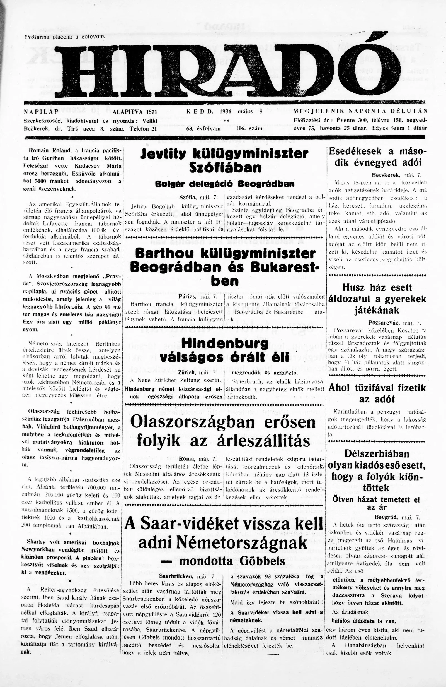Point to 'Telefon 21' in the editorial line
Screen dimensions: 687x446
click(x=143, y=129)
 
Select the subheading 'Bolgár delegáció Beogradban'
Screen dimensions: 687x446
click(x=225, y=184)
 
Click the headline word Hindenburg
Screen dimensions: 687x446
click(x=225, y=344)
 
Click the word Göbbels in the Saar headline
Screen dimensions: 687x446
click(x=260, y=561)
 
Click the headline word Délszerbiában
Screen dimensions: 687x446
click(x=377, y=453)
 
